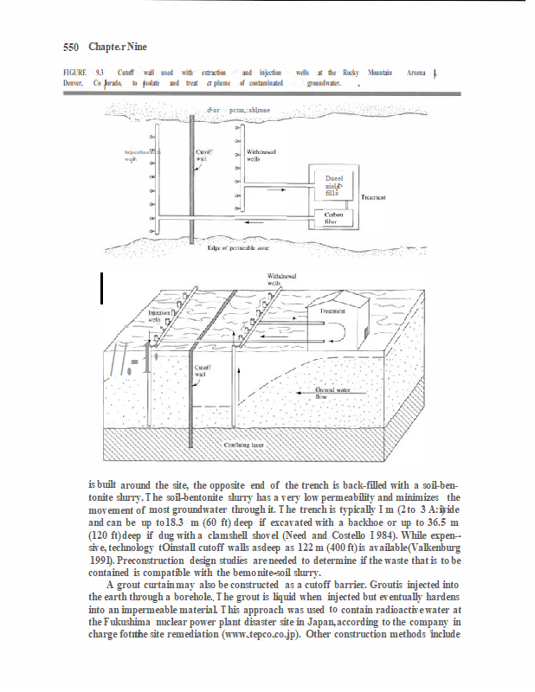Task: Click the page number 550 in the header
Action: tap(71, 46)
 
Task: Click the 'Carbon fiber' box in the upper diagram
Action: tap(332, 217)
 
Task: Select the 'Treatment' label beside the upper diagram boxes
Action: tap(372, 197)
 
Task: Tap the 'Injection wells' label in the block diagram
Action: tap(159, 316)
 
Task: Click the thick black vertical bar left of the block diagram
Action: tap(102, 287)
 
